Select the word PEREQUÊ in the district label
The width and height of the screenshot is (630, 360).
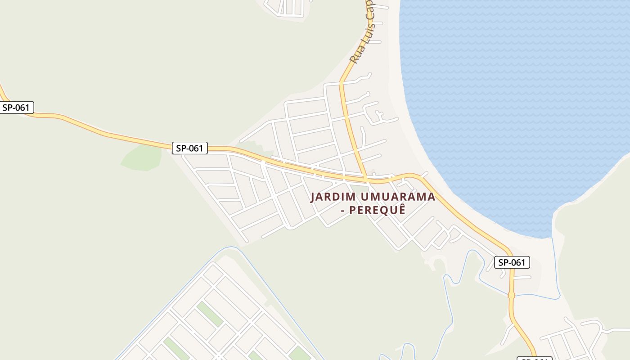378,210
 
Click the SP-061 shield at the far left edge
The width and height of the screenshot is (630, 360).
16,108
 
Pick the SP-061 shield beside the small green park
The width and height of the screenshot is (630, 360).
189,148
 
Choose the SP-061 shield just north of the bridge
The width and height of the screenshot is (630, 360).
512,262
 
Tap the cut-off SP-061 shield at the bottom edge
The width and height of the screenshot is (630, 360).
534,358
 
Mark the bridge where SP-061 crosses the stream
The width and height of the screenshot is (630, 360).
511,295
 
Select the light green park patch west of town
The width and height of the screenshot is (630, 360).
142,158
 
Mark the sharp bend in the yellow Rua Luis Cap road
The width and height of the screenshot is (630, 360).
342,82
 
